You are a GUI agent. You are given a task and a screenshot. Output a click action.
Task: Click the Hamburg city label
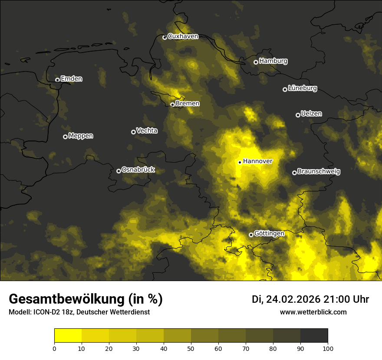[x=273, y=61]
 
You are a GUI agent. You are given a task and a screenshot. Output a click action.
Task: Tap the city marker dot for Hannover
[x=240, y=162]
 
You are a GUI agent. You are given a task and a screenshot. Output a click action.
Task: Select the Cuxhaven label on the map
[x=183, y=36]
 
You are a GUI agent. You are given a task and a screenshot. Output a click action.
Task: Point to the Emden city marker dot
[x=57, y=80]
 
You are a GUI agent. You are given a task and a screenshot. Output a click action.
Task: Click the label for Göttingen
[x=269, y=234]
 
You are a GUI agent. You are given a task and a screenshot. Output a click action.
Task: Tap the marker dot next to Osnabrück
[x=119, y=171]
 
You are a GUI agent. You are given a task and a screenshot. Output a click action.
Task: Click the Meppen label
[x=81, y=136]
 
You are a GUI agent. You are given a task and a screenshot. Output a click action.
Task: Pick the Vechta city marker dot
[x=133, y=132]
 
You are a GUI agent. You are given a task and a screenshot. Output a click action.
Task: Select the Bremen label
[x=188, y=104]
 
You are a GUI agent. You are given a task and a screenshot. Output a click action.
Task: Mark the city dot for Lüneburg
[x=285, y=89]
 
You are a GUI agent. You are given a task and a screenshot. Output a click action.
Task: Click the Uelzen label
[x=311, y=114]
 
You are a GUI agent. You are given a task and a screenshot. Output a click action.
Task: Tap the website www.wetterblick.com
[x=313, y=312]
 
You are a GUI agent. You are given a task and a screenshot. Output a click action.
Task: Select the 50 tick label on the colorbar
[x=191, y=348]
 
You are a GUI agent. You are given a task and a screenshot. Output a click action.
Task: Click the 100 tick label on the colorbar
[x=328, y=348]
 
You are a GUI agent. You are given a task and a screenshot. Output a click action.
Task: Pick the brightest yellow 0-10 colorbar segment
[x=68, y=336]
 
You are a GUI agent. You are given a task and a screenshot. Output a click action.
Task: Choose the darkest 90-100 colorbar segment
[x=314, y=336]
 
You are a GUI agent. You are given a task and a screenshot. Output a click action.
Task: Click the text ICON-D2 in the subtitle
[x=45, y=312]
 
